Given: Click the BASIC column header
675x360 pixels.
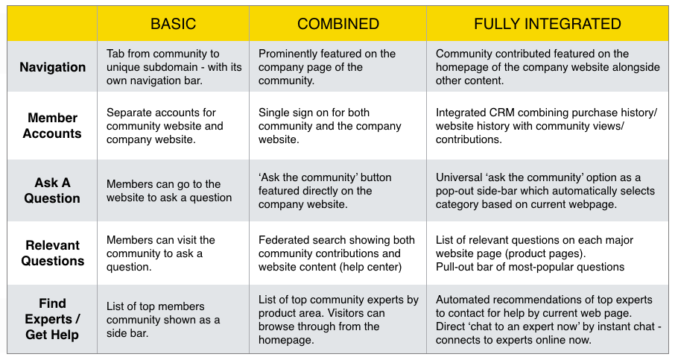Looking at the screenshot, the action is (x=173, y=24).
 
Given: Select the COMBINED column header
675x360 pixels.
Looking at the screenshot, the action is (x=338, y=24).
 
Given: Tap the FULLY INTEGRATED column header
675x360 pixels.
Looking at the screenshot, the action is (x=547, y=24).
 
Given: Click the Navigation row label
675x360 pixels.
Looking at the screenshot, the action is (x=52, y=67).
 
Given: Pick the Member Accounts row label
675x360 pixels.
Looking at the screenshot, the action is (x=52, y=125).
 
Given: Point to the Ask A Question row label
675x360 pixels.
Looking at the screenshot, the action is (x=52, y=190).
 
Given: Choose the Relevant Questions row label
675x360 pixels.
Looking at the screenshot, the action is (x=52, y=253).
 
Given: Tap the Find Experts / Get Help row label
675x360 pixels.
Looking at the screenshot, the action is (x=52, y=319).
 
